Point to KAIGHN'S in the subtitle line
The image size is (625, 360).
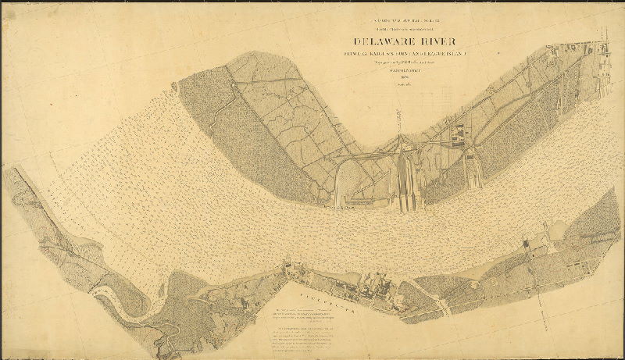pos(383,54)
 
